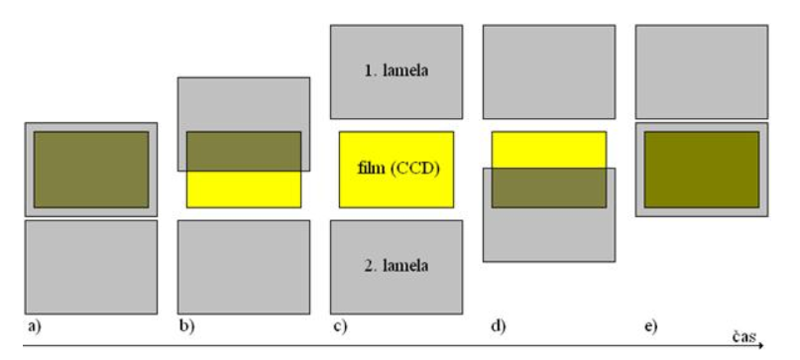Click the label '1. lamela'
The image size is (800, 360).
[397, 71]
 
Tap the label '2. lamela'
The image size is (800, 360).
[397, 266]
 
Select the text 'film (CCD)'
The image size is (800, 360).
[398, 169]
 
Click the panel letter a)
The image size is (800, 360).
[34, 326]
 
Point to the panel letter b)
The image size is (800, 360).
[187, 326]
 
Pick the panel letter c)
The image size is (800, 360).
[340, 326]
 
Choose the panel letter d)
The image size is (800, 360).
[499, 326]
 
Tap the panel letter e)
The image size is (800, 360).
[650, 326]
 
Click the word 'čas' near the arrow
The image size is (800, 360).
[744, 336]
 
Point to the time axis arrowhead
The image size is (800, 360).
[760, 346]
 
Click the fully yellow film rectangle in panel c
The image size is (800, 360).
[397, 170]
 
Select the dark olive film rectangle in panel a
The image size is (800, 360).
[91, 170]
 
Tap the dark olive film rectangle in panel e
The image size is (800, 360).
[702, 170]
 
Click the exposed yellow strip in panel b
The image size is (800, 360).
[244, 189]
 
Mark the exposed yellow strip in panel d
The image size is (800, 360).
[549, 150]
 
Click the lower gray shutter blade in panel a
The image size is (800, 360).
[91, 267]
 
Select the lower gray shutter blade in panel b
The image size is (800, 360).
[244, 267]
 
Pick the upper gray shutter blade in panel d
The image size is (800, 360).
[549, 72]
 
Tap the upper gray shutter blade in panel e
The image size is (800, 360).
[702, 72]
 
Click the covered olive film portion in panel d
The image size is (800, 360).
[549, 187]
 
